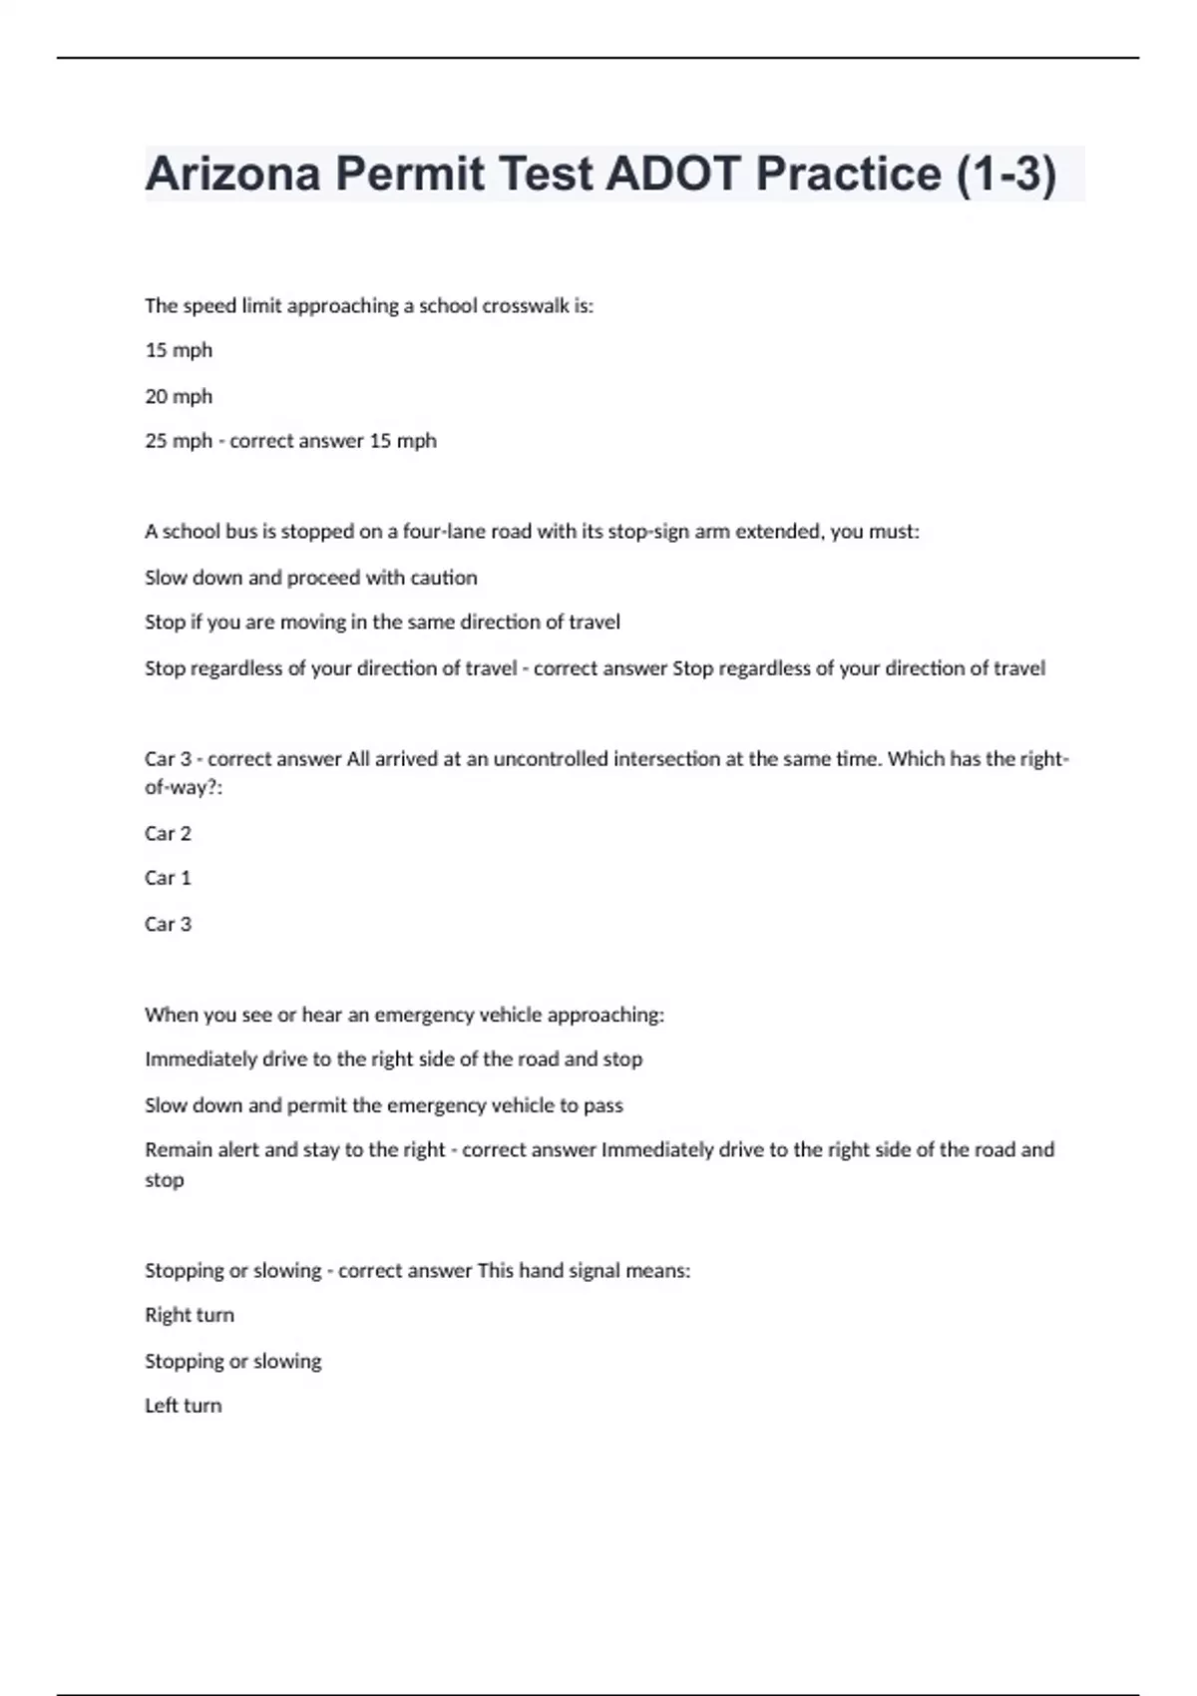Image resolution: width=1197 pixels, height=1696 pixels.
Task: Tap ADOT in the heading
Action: point(672,174)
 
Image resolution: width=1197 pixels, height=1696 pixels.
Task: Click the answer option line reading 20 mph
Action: point(179,396)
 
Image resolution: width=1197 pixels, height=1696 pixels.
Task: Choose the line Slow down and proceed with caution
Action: point(310,578)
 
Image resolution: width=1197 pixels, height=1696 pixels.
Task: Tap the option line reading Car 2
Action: point(168,833)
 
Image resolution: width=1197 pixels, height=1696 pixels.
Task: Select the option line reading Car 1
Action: point(168,878)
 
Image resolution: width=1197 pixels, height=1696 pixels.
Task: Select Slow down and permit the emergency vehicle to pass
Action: point(383,1105)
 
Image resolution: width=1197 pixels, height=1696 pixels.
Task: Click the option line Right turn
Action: point(189,1315)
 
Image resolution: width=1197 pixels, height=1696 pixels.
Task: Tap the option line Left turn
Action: point(183,1406)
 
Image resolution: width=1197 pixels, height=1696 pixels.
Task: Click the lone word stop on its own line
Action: point(164,1180)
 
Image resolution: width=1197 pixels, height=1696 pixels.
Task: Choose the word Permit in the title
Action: point(410,174)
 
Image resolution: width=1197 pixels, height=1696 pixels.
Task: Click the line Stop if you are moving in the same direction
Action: point(382,623)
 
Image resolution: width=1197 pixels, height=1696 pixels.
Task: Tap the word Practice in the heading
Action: point(848,174)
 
